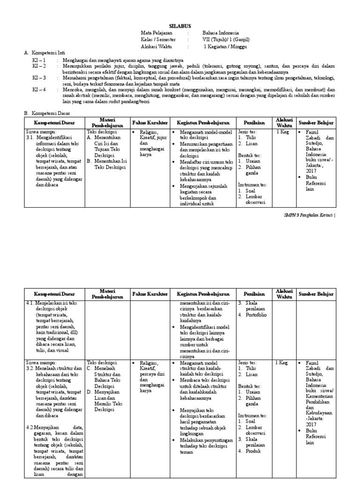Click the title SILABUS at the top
180,26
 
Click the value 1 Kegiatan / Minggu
225,47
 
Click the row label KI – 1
39,60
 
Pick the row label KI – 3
39,77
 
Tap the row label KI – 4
39,89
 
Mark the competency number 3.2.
31,368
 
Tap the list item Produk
254,451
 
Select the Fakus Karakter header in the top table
150,123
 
